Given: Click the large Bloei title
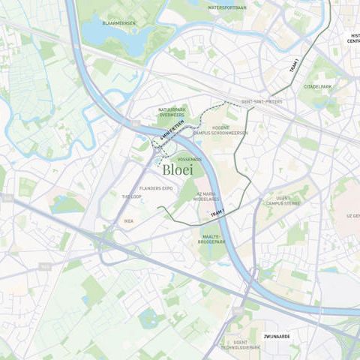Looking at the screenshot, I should pyautogui.click(x=177, y=170).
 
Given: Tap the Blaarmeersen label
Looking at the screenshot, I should pyautogui.click(x=118, y=23).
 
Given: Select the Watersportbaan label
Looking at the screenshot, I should pyautogui.click(x=226, y=7).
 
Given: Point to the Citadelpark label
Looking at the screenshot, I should pyautogui.click(x=318, y=86).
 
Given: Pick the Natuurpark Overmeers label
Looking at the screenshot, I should pyautogui.click(x=172, y=114).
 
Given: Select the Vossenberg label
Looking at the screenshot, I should pyautogui.click(x=190, y=159).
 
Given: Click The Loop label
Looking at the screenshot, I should pyautogui.click(x=131, y=196).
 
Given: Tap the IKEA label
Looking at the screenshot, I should pyautogui.click(x=128, y=220).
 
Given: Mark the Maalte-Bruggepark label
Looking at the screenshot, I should pyautogui.click(x=212, y=239).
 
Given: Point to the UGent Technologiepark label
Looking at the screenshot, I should pyautogui.click(x=244, y=344).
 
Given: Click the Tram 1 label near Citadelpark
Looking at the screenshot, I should pyautogui.click(x=295, y=66).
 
